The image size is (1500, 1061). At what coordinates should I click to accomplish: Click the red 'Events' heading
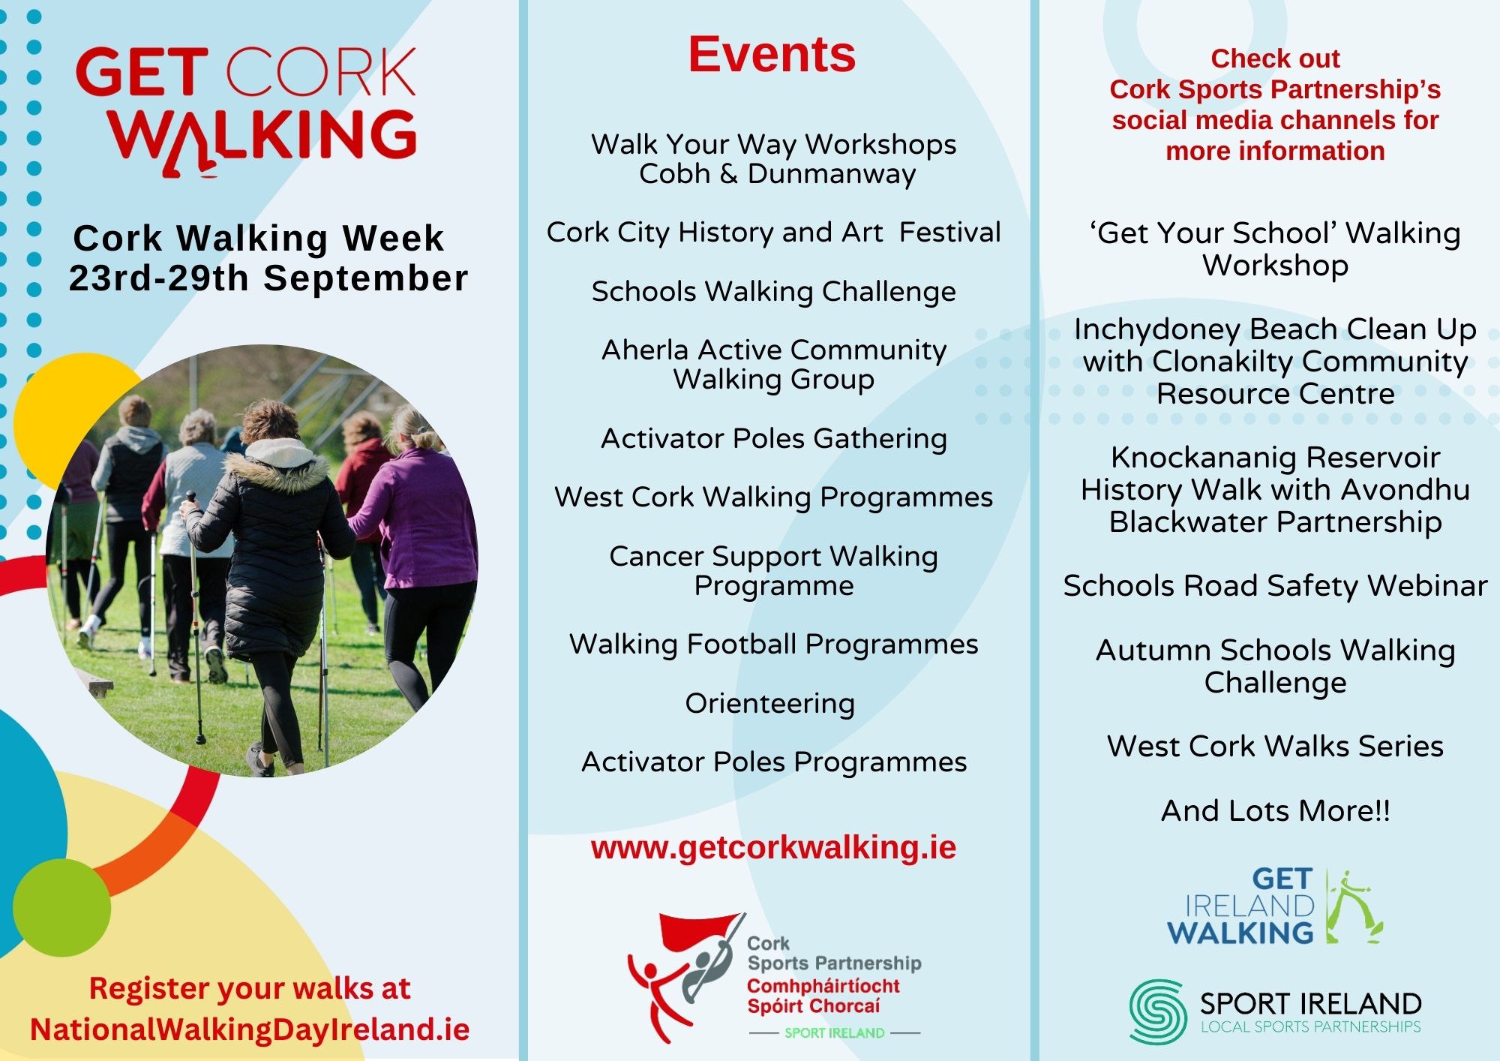pos(772,55)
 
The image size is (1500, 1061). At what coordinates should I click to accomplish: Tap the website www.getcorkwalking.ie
pos(773,848)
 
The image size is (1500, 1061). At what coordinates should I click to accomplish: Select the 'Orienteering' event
pos(770,704)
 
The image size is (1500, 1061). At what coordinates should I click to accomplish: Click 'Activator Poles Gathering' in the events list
pos(774,439)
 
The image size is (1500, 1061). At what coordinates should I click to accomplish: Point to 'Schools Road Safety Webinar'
pos(1275,586)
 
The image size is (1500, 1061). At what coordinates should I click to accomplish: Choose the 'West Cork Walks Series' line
pos(1275,747)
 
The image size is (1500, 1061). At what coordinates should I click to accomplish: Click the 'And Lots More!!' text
pos(1275,811)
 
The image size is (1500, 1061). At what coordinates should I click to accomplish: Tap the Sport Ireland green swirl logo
pos(1158,1010)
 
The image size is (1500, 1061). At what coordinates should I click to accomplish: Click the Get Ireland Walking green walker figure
pos(1354,906)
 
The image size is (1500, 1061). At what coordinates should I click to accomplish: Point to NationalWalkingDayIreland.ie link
pos(250,1029)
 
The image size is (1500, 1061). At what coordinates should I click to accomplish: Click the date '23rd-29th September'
pos(268,278)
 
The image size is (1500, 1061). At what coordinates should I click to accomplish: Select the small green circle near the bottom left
pos(61,907)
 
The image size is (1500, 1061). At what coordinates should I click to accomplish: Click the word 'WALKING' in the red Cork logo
pos(262,138)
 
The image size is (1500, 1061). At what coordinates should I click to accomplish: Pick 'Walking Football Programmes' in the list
pos(774,645)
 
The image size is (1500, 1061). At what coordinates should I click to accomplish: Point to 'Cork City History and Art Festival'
pos(774,233)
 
